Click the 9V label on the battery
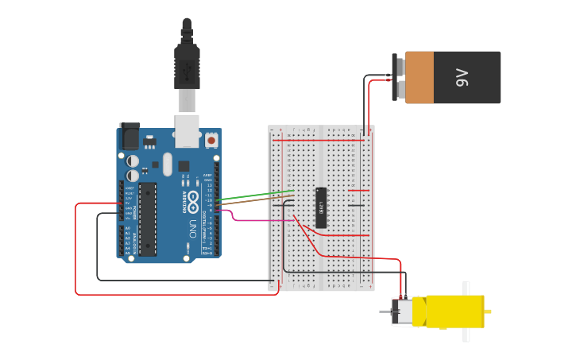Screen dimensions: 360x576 462,77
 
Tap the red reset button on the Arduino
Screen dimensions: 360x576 211,141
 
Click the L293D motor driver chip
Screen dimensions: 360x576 321,207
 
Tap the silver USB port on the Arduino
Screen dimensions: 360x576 187,131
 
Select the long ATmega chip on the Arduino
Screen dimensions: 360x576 148,219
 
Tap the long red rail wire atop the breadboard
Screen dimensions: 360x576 318,141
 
